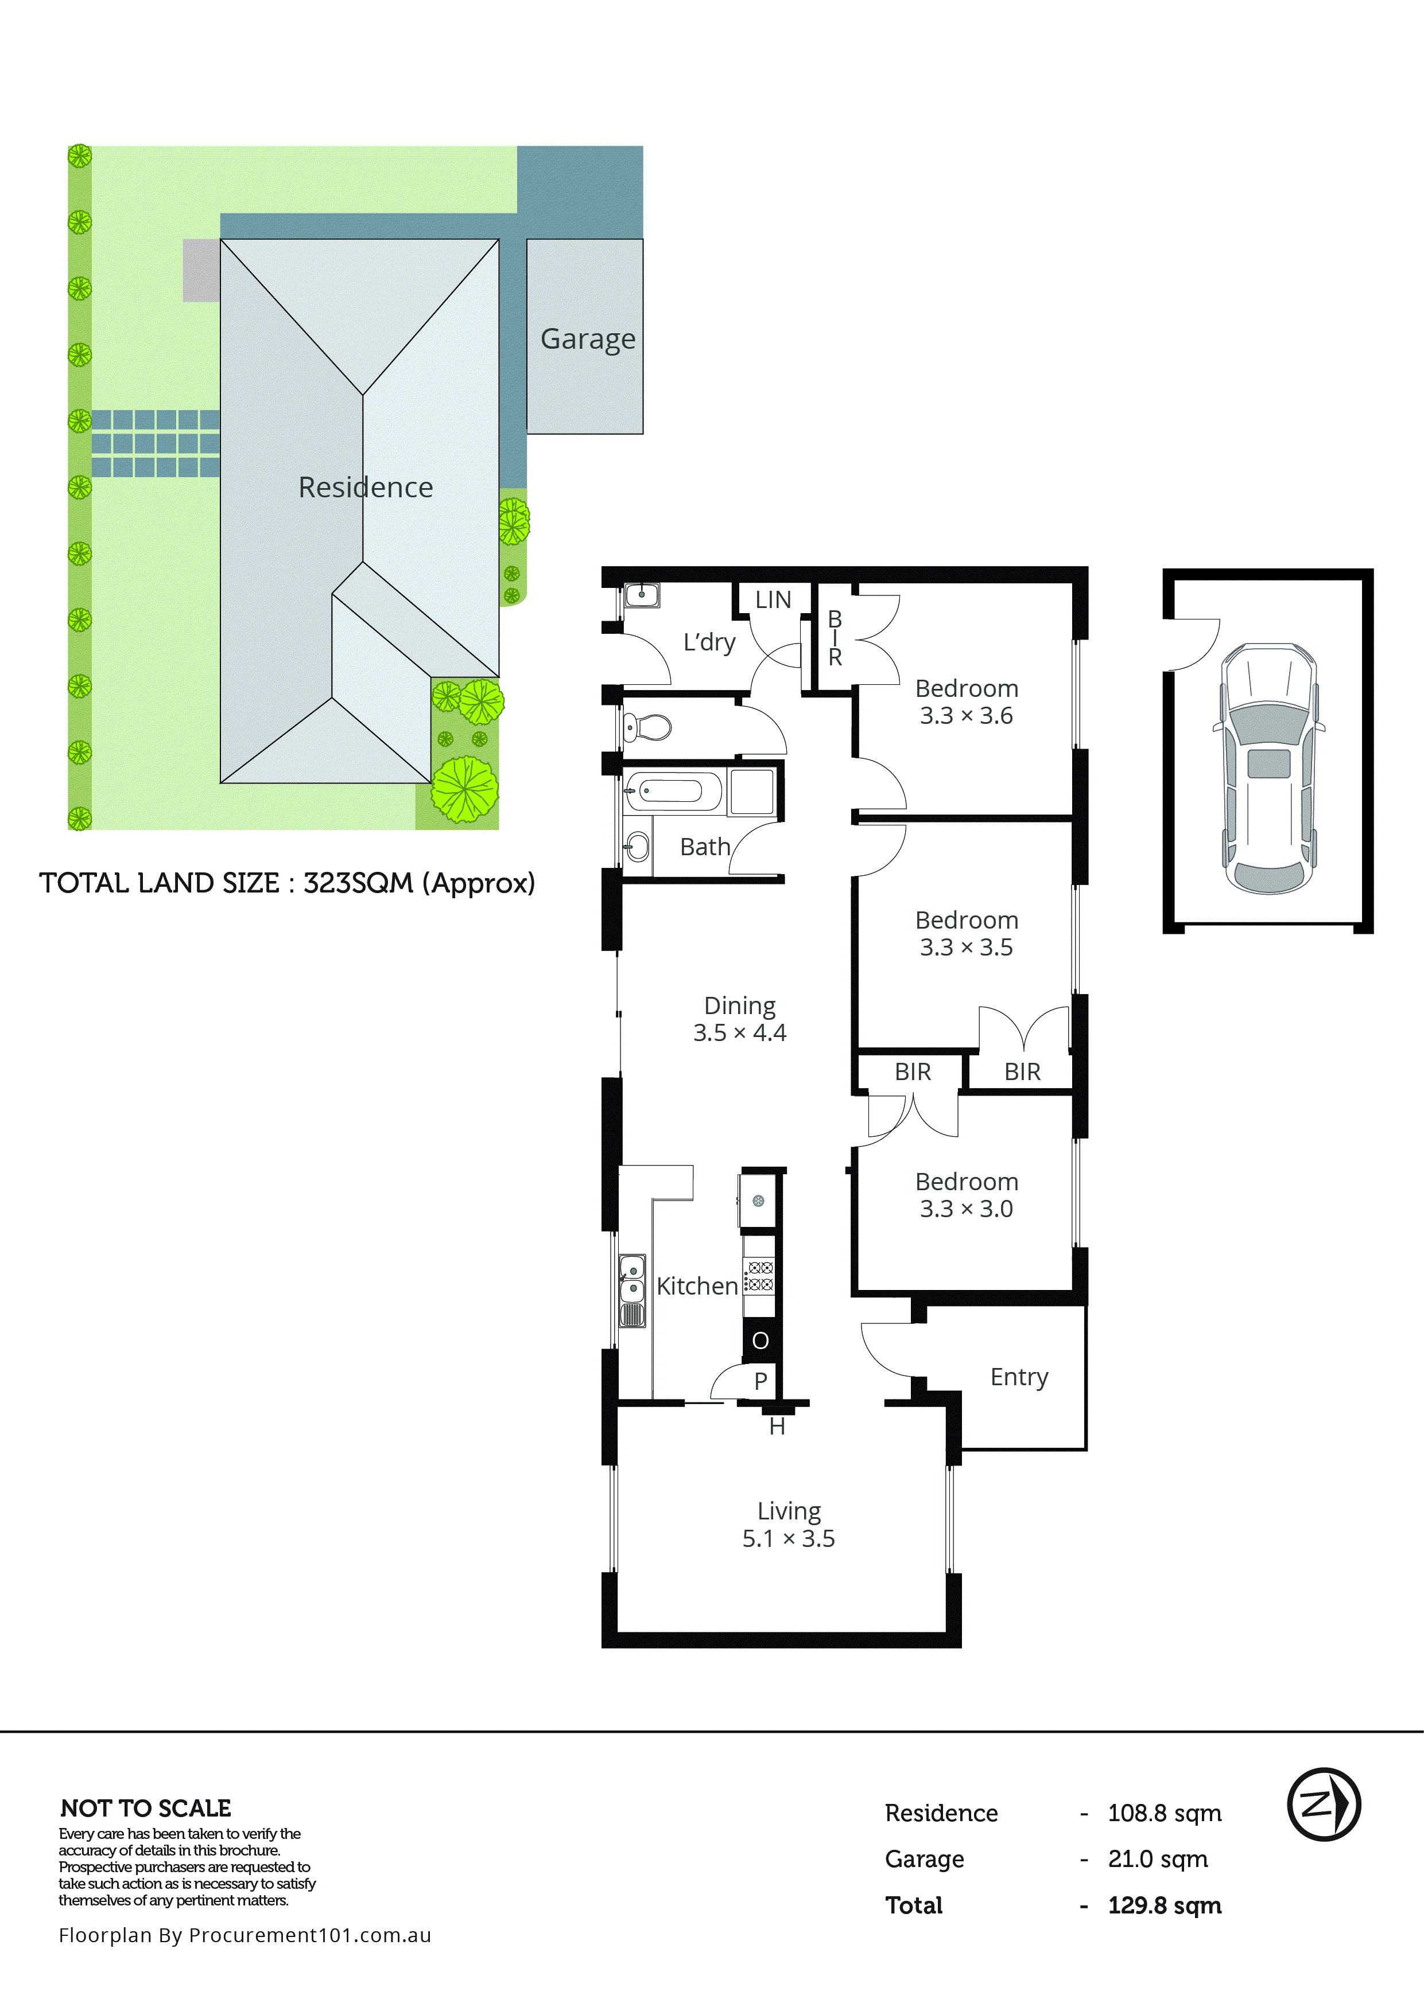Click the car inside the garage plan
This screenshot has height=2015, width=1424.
(x=1268, y=768)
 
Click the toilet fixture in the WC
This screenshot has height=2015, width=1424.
(x=646, y=727)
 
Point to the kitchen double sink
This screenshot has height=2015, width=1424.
(x=632, y=1280)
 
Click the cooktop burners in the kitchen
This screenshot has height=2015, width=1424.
(x=759, y=1275)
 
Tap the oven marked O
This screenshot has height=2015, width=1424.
(x=760, y=1340)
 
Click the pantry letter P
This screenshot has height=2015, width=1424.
(x=760, y=1381)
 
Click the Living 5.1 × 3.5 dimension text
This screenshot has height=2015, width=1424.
(x=789, y=1538)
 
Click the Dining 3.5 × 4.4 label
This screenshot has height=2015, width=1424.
(x=739, y=1019)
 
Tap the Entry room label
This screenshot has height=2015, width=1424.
(x=1018, y=1377)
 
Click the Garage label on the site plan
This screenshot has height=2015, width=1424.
(x=587, y=339)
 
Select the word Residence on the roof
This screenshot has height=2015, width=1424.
(x=365, y=487)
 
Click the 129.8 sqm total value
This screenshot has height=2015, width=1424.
(x=1164, y=1905)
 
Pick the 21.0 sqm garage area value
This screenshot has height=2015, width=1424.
(x=1157, y=1859)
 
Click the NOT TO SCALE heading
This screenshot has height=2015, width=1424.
(x=146, y=1808)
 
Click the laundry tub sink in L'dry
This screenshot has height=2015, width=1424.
(x=642, y=595)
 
